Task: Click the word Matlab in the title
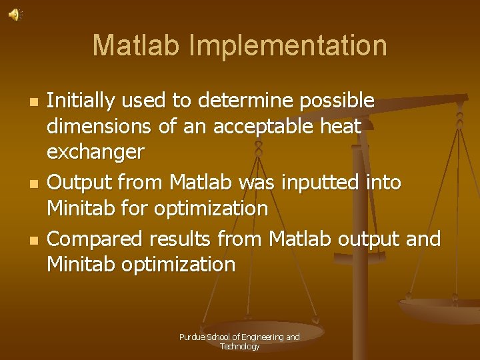click(x=137, y=45)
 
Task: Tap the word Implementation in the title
click(x=289, y=45)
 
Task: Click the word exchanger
click(x=95, y=152)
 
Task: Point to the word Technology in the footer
click(x=239, y=347)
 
